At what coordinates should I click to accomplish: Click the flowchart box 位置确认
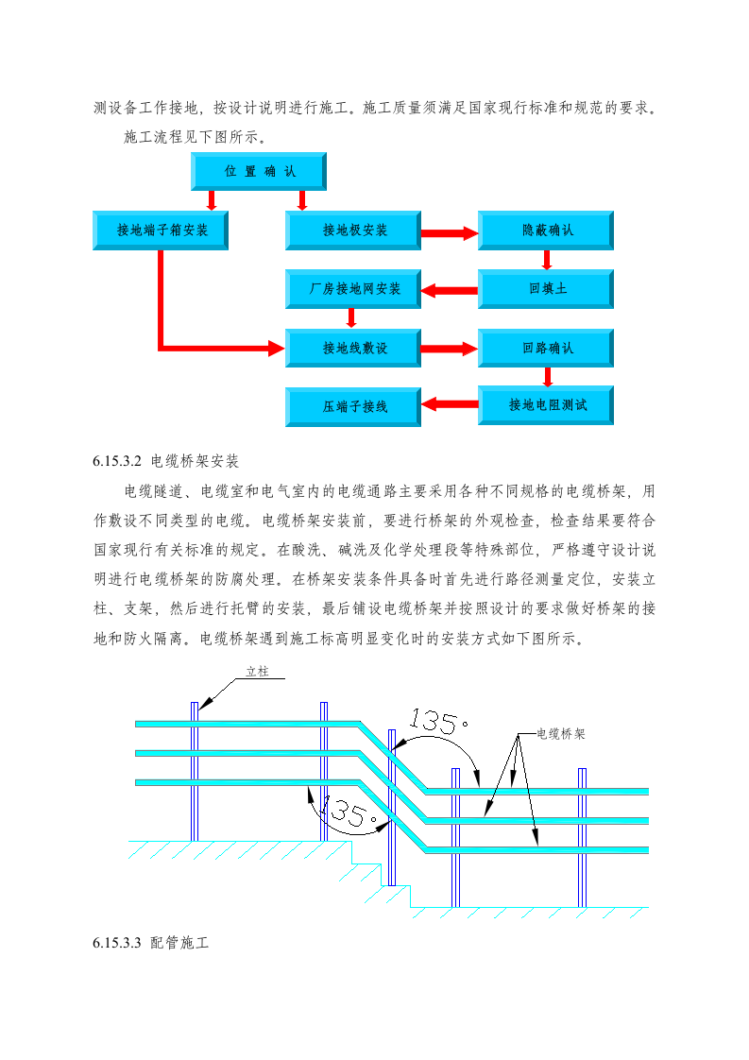[x=259, y=172]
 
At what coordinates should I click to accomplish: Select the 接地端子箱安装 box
[x=162, y=231]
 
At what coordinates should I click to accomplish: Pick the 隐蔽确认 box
[x=547, y=231]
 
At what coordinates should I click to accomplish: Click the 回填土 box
[x=547, y=289]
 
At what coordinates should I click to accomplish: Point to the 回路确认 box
[x=547, y=349]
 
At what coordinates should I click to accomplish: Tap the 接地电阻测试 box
[x=547, y=405]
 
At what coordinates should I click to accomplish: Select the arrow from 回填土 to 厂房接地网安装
[x=450, y=289]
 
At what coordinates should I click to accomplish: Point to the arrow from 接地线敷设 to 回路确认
[x=450, y=349]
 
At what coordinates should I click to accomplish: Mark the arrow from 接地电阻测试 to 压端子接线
[x=450, y=406]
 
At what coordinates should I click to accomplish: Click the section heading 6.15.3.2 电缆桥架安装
[x=166, y=462]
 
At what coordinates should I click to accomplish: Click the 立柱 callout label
[x=257, y=673]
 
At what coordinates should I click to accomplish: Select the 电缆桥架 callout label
[x=560, y=733]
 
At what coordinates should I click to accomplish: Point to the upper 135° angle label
[x=438, y=724]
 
